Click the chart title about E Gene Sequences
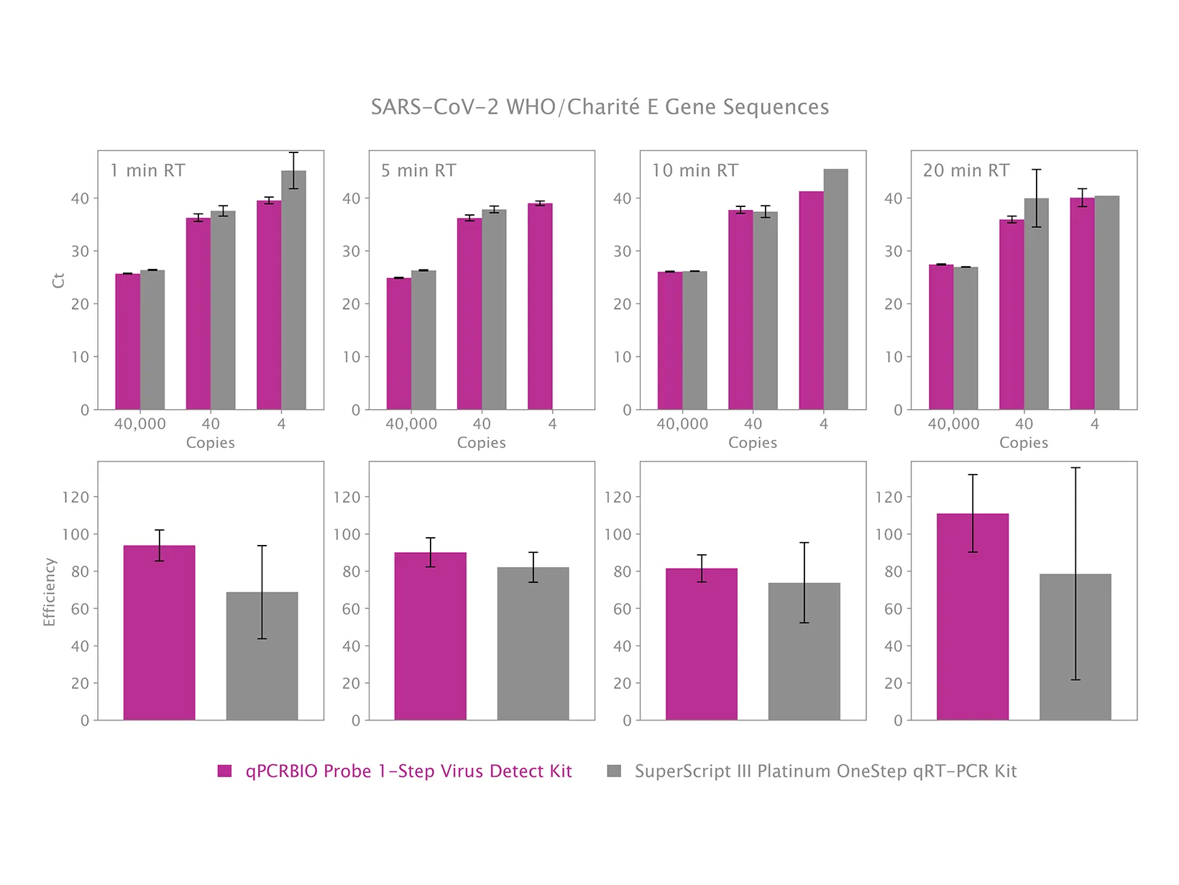coord(600,107)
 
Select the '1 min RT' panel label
coord(147,170)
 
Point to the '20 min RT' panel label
coord(966,170)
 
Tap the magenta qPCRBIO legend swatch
coord(225,771)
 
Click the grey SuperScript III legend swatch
coord(614,771)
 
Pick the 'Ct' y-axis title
coord(59,280)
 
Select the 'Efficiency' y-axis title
coord(50,592)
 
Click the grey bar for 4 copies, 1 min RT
coord(293,290)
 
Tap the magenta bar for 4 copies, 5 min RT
coord(540,307)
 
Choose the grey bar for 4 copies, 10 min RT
coord(835,290)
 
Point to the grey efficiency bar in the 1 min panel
coord(262,656)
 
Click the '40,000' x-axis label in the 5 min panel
coord(411,424)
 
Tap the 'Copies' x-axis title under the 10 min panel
coord(753,443)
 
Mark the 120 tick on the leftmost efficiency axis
coord(80,497)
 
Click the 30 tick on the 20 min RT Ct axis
coord(893,252)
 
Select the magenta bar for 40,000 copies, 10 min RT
coord(670,341)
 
